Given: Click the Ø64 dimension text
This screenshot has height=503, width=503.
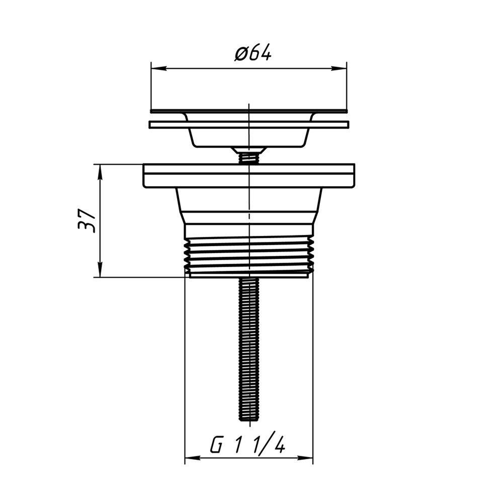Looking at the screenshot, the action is [253, 52].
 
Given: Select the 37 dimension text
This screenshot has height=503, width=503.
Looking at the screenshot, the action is [87, 221].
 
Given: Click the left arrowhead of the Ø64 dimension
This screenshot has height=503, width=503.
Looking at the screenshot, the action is [159, 68].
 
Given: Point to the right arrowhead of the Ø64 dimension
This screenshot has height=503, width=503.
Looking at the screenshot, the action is [339, 68].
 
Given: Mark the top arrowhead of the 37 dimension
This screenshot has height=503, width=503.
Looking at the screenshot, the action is [100, 172].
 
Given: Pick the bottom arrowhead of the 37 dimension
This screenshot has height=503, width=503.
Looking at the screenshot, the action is [100, 270].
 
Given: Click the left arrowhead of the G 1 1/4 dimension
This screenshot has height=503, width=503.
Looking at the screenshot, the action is [193, 458].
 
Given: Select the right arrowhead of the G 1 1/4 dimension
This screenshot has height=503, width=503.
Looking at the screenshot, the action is [305, 458].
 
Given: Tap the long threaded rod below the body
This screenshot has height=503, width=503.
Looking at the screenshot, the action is [249, 350].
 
